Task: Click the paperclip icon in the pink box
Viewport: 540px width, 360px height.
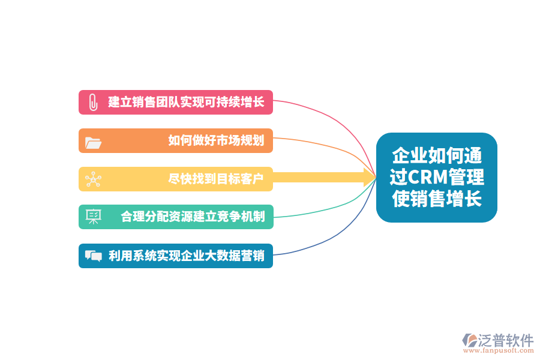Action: pyautogui.click(x=93, y=103)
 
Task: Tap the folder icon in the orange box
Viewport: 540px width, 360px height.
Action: pyautogui.click(x=93, y=143)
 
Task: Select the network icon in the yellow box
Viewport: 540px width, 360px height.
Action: pyautogui.click(x=94, y=179)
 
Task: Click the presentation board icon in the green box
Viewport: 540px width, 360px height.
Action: pyautogui.click(x=94, y=217)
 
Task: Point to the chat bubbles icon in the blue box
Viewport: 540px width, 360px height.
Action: pyautogui.click(x=94, y=256)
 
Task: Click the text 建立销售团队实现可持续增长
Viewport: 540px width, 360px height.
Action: pyautogui.click(x=186, y=102)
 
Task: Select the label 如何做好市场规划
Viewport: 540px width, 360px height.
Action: pyautogui.click(x=216, y=140)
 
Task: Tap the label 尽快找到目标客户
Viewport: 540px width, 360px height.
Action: pyautogui.click(x=216, y=179)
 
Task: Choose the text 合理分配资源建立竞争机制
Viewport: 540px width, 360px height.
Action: pyautogui.click(x=193, y=217)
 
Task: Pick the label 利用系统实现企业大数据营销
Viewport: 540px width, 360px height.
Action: pyautogui.click(x=187, y=256)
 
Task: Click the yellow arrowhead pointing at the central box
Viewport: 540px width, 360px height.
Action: pyautogui.click(x=369, y=178)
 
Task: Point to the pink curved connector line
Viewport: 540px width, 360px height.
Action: pyautogui.click(x=341, y=124)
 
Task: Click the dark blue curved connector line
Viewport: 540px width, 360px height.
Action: pyautogui.click(x=341, y=232)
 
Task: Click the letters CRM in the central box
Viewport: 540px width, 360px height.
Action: pyautogui.click(x=428, y=177)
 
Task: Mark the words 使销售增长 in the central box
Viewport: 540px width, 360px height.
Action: pyautogui.click(x=437, y=199)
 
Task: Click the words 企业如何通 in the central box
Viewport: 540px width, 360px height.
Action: pyautogui.click(x=437, y=155)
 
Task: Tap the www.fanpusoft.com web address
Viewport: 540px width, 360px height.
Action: pyautogui.click(x=499, y=350)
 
